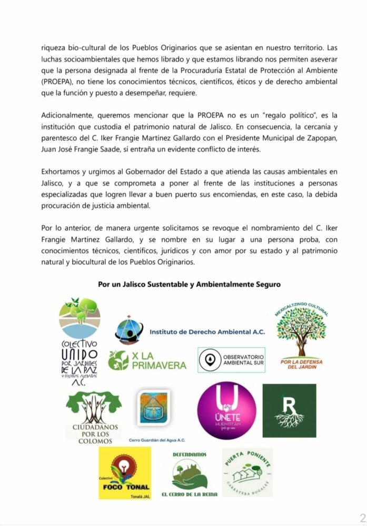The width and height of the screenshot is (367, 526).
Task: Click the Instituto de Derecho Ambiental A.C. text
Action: (207, 332)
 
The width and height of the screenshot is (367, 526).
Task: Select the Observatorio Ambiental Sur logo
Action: (231, 360)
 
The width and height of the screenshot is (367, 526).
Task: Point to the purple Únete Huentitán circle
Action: (226, 411)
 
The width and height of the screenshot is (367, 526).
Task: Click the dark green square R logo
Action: (289, 411)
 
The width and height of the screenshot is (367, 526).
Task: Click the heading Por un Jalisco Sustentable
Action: (189, 284)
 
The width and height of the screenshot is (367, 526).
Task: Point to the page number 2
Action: (362, 516)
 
